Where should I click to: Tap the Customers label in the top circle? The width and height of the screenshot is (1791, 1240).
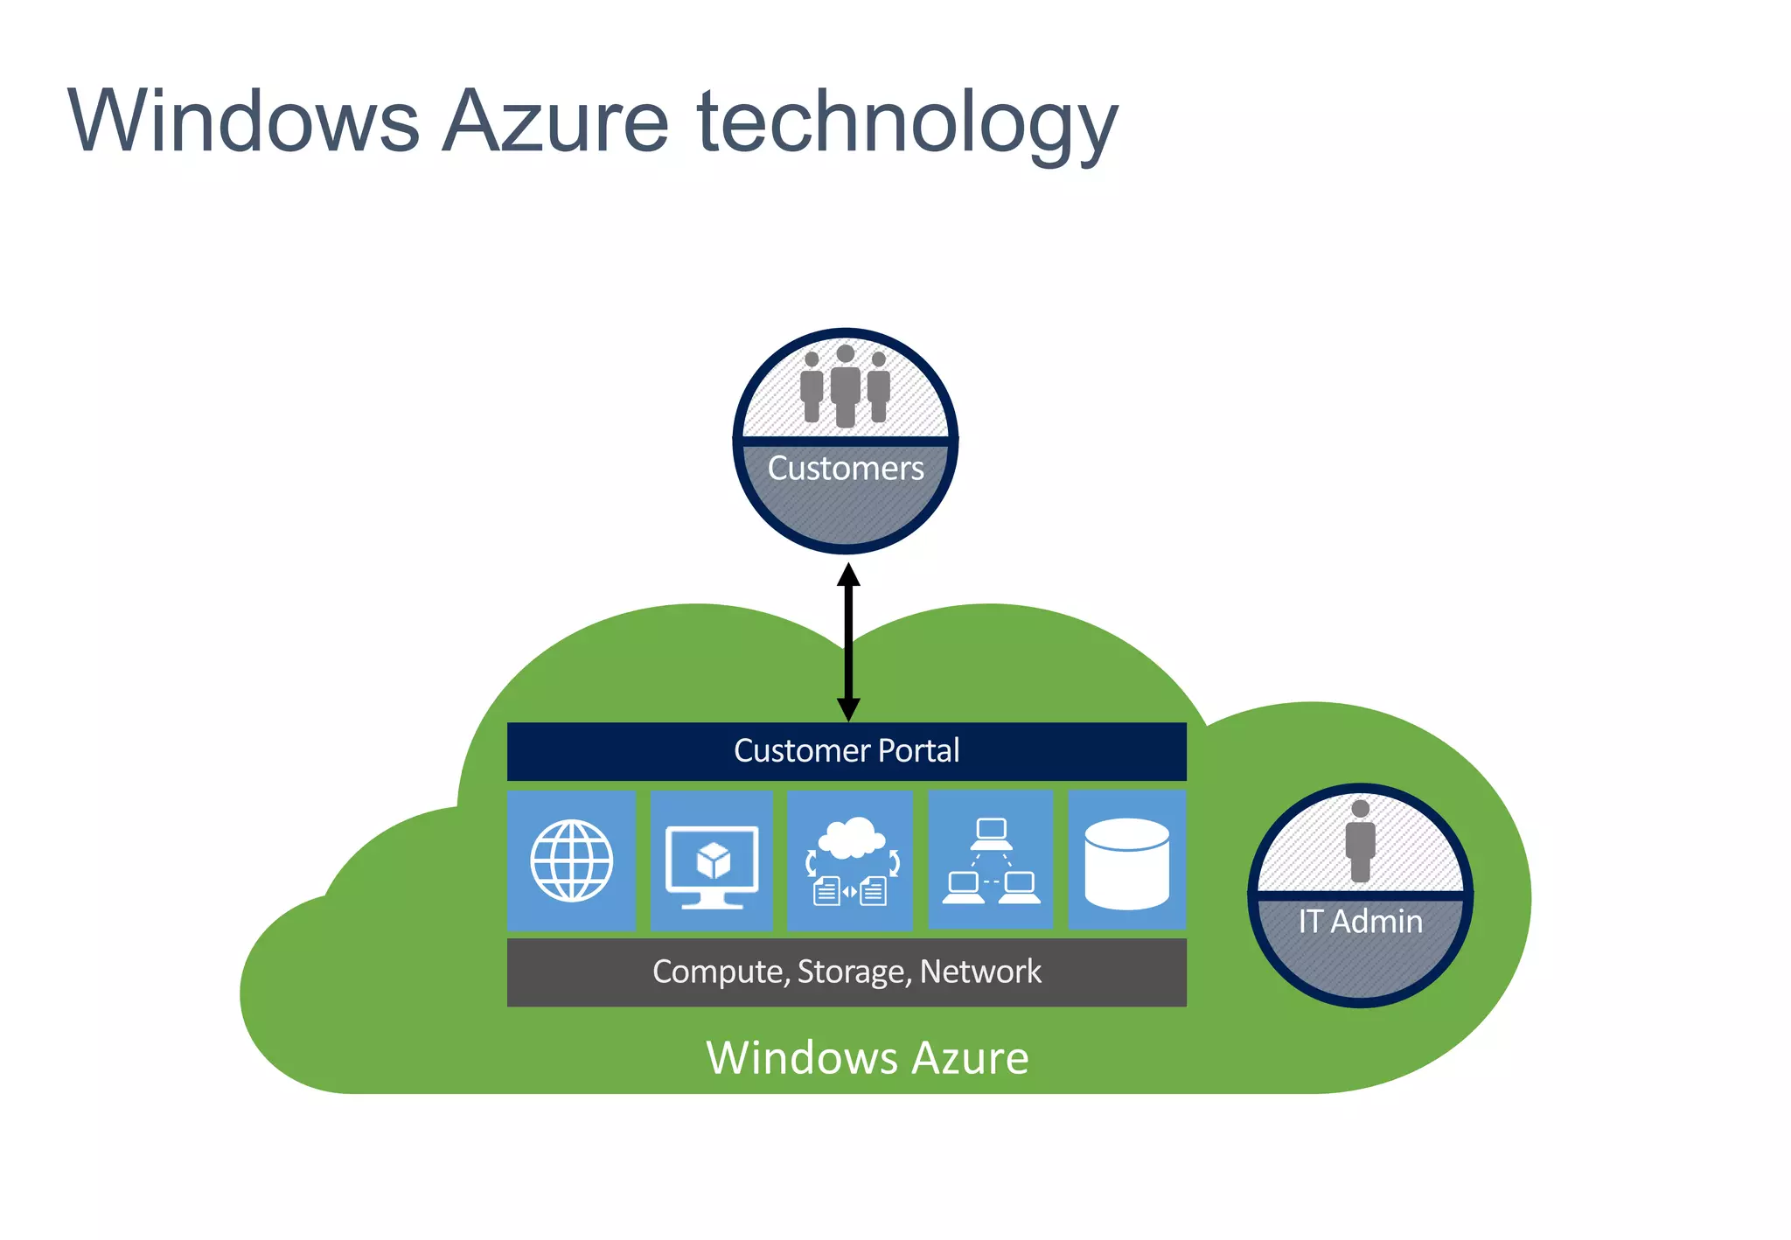(845, 469)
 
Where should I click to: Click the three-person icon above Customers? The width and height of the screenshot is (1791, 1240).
(845, 387)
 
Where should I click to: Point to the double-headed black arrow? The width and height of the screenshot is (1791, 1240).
(848, 643)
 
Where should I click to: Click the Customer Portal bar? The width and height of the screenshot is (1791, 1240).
(847, 751)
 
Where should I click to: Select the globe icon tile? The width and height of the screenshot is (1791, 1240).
(572, 860)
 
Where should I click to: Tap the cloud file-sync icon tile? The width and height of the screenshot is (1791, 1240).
(850, 861)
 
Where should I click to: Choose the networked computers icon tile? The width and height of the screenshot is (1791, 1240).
(991, 861)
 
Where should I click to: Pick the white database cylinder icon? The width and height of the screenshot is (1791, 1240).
(1126, 863)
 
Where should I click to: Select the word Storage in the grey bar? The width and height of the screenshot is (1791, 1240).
(854, 972)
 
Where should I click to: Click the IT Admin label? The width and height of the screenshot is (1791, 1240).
(1360, 922)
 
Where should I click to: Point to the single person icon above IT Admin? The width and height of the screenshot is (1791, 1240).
(1360, 840)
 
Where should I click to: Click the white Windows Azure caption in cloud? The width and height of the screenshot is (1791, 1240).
(867, 1058)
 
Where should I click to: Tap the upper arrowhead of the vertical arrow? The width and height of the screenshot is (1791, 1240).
(848, 575)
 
